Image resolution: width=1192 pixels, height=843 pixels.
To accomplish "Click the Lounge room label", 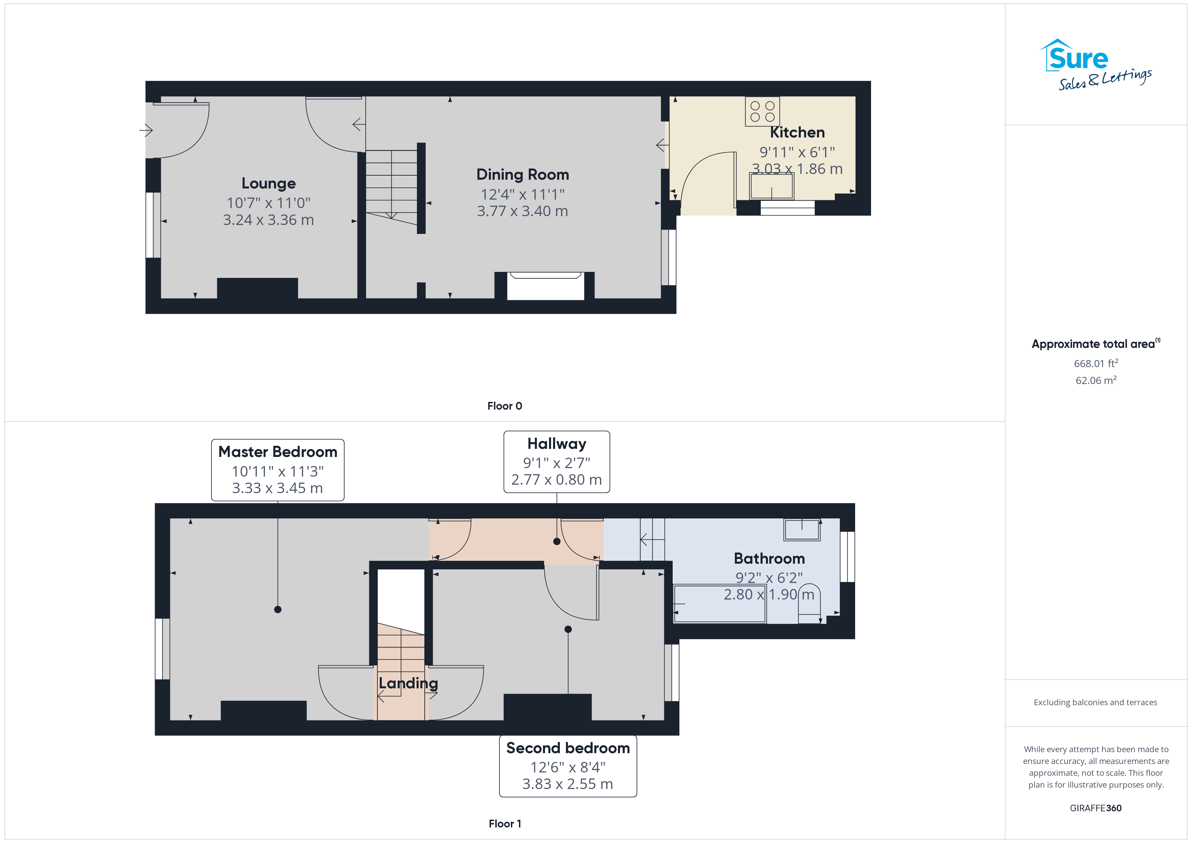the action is coord(268,183).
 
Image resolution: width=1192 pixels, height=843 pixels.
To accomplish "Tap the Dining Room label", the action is coord(523,174).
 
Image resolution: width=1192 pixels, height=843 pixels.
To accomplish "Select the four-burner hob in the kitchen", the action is coord(762,111).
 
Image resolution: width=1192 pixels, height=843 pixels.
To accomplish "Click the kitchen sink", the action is coord(771,186).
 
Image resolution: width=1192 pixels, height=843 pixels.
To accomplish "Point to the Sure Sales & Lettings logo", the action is coord(1095,65).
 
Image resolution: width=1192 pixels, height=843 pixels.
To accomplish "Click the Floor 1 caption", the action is coord(505,824).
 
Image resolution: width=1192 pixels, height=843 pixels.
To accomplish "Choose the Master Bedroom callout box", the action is coord(278,470).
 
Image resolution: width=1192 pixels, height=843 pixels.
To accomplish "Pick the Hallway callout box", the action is coord(556,461).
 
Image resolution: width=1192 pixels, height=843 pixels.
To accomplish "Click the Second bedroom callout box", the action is coord(568,766).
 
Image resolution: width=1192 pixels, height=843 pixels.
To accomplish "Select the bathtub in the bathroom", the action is coord(720,604).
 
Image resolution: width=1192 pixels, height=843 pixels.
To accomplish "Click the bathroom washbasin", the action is coord(802,530).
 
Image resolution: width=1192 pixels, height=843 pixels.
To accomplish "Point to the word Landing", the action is coord(408,683).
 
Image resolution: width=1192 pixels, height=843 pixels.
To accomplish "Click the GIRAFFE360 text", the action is coord(1095,808).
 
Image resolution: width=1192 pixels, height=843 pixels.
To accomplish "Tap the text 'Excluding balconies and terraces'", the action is coord(1095,702).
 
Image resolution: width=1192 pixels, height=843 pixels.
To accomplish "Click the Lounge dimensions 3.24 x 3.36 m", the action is coord(268,220).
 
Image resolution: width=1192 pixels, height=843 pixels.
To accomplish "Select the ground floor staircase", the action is coord(392,187).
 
